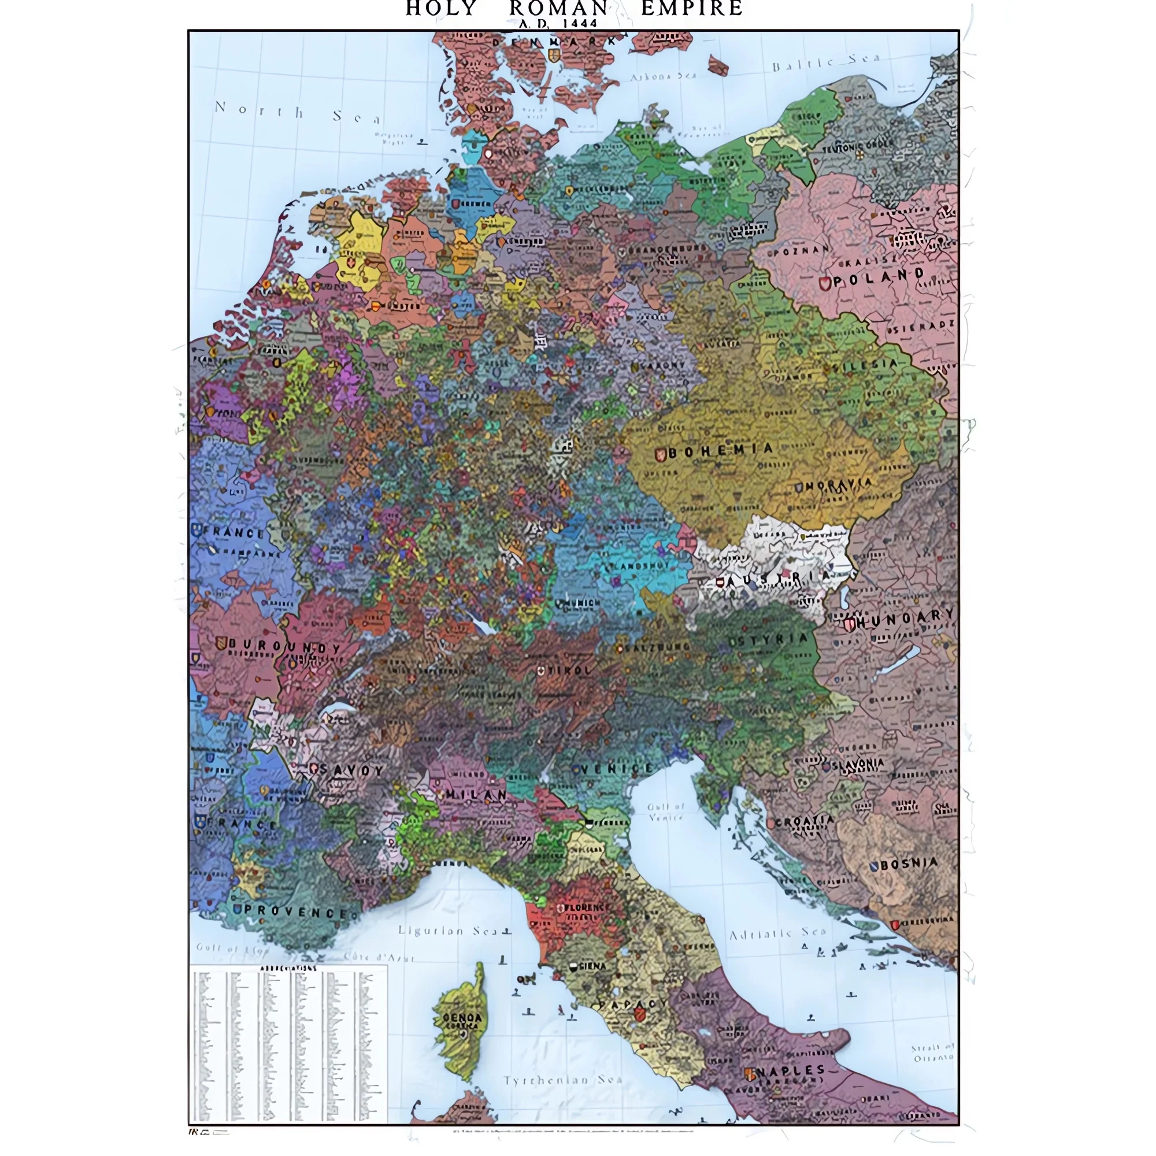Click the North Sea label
click(x=296, y=112)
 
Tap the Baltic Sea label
click(x=826, y=62)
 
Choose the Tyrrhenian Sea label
click(x=562, y=1080)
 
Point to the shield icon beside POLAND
click(x=825, y=283)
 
